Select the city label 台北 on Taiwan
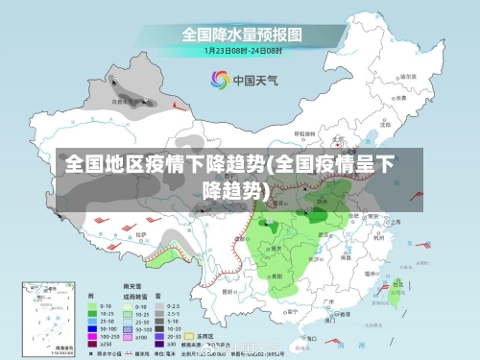(397, 284)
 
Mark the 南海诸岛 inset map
(44, 316)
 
